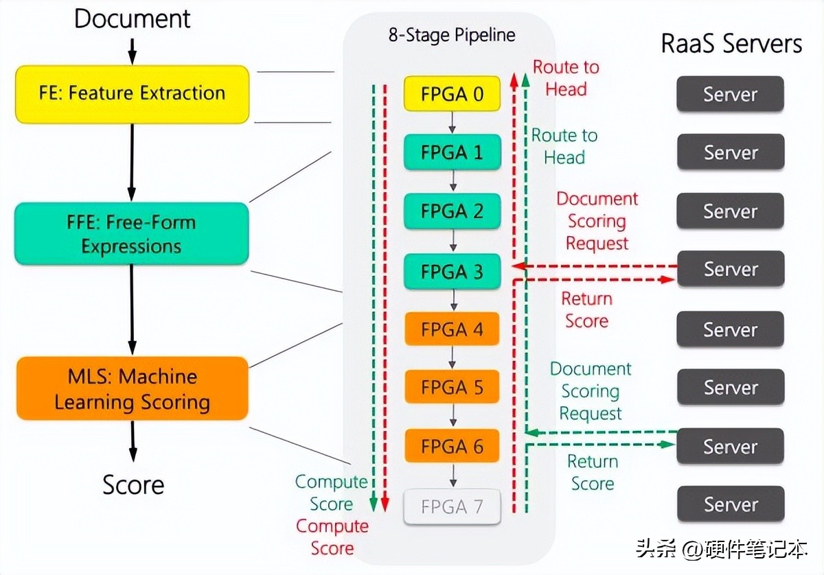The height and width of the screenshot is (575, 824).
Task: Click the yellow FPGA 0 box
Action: coord(452,94)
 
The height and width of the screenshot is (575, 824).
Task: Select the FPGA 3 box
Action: coord(452,272)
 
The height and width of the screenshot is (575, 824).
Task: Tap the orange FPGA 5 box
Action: coord(452,388)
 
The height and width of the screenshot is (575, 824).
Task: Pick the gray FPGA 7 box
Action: coord(452,507)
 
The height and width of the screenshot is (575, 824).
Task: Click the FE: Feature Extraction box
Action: coord(132,94)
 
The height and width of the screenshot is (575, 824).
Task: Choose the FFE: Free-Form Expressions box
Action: coord(132,234)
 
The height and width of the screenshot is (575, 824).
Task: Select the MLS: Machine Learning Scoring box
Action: coord(132,388)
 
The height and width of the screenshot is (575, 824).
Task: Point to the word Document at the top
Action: coord(132,19)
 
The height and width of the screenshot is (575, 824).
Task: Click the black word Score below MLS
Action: coord(133,484)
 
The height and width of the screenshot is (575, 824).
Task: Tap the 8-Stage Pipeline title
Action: coord(451,35)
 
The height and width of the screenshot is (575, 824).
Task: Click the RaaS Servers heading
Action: coord(731,44)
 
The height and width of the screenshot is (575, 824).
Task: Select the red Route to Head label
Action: coord(566,78)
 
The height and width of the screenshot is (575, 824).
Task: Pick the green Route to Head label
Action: coord(564,146)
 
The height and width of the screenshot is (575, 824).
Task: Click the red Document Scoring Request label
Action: coord(597,221)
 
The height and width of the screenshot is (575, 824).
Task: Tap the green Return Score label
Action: coord(592,472)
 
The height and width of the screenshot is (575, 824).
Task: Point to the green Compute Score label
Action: coord(331,493)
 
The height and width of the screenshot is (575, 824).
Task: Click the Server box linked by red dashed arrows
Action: coord(730,269)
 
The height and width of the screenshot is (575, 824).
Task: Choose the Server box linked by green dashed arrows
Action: coord(730,447)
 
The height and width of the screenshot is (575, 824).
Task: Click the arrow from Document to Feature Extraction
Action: coord(133,49)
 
